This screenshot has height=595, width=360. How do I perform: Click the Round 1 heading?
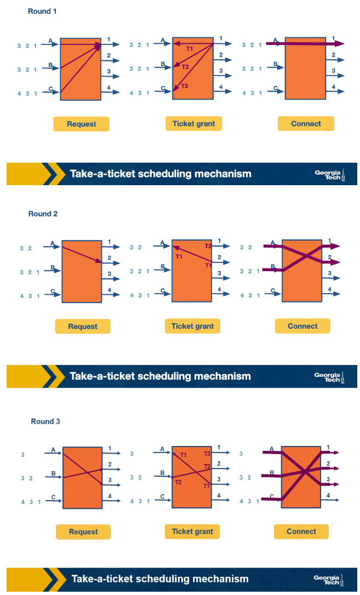point(42,11)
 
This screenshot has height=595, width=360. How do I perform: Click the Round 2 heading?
point(43,214)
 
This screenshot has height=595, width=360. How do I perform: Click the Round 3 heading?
point(45,421)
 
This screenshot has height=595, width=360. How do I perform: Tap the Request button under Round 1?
point(81,124)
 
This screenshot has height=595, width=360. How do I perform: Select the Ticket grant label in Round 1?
point(193,124)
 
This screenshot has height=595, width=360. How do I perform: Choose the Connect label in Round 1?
point(306,124)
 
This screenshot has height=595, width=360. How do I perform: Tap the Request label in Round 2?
point(82,327)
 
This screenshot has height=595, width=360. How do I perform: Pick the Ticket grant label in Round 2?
point(192,326)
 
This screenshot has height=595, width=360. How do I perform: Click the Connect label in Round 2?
point(302,326)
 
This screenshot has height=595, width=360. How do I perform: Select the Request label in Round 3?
point(83,531)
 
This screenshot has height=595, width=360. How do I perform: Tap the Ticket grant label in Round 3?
point(192,531)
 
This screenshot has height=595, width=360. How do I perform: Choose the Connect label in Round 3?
point(301,531)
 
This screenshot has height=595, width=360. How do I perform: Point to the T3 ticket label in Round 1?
point(184,86)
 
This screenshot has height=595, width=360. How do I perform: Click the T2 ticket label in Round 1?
point(185,67)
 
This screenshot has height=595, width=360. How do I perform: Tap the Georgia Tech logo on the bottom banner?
point(328,580)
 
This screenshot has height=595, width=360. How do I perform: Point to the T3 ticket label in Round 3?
point(207,454)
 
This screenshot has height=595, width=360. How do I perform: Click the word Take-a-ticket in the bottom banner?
point(102,579)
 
